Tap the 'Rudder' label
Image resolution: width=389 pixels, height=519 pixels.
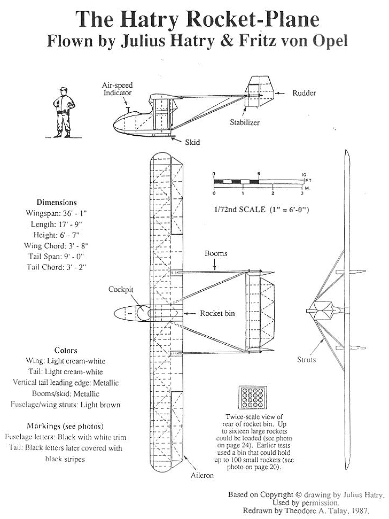click(x=304, y=93)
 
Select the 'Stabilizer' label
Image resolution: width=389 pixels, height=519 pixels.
click(x=246, y=122)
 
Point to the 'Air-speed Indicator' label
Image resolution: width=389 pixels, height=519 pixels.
click(x=118, y=89)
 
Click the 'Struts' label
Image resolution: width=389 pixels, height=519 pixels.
click(x=306, y=360)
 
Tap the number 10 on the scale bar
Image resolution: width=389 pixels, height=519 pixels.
click(x=304, y=175)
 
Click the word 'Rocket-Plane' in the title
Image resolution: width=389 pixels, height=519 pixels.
click(x=251, y=20)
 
